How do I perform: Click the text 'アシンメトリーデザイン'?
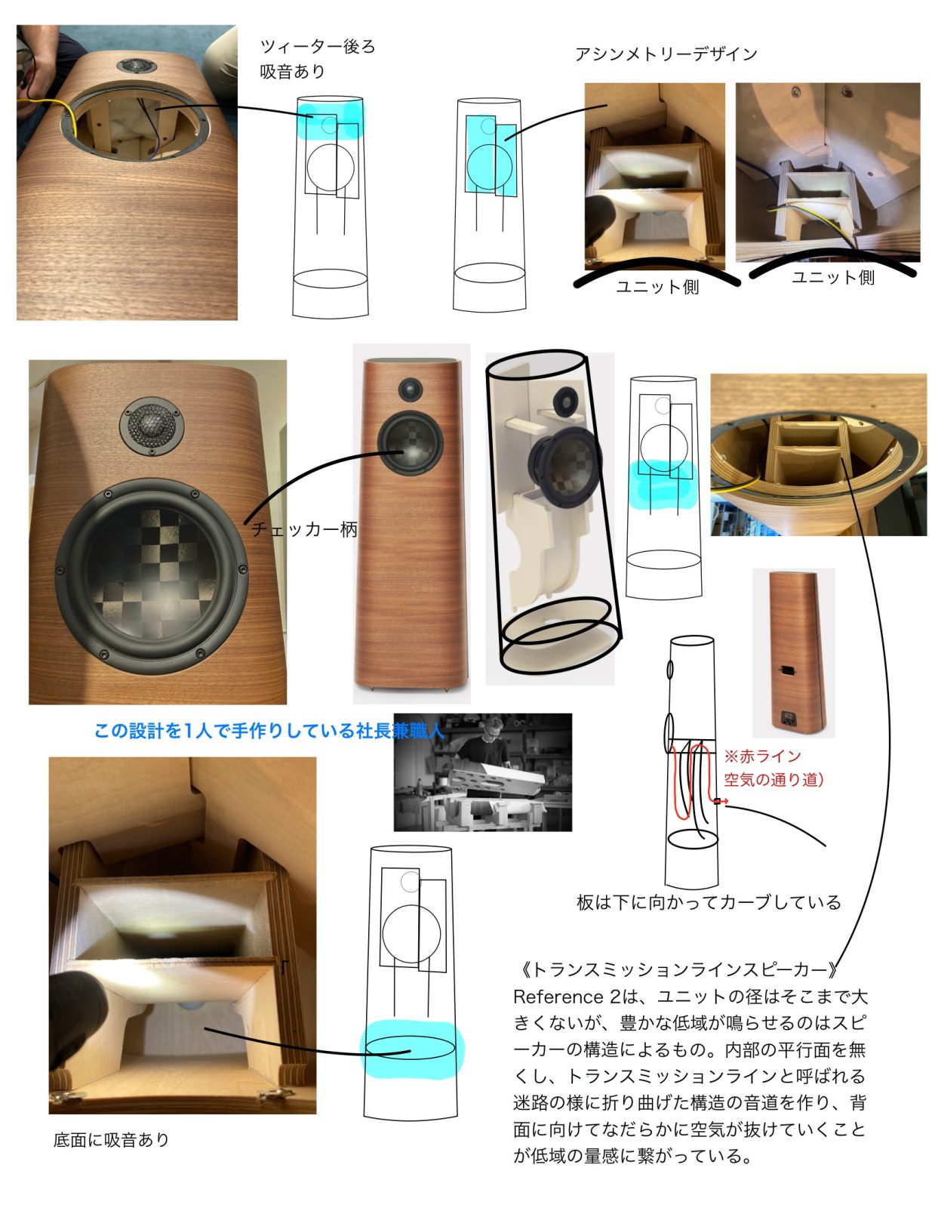tap(665, 54)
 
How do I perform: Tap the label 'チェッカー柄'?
tap(303, 529)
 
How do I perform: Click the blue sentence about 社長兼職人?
tap(269, 731)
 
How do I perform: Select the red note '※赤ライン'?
tap(762, 756)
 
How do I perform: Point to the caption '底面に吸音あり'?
tap(111, 1140)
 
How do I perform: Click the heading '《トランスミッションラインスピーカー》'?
tap(675, 969)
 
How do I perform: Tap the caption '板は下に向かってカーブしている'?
tap(708, 902)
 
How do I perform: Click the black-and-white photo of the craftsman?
tap(482, 772)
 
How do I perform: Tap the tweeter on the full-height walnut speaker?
tap(410, 390)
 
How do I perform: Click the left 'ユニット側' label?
tap(657, 287)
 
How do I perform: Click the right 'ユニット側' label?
tap(832, 278)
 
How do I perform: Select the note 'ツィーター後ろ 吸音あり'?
tap(316, 59)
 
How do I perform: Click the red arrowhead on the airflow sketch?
tap(724, 802)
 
